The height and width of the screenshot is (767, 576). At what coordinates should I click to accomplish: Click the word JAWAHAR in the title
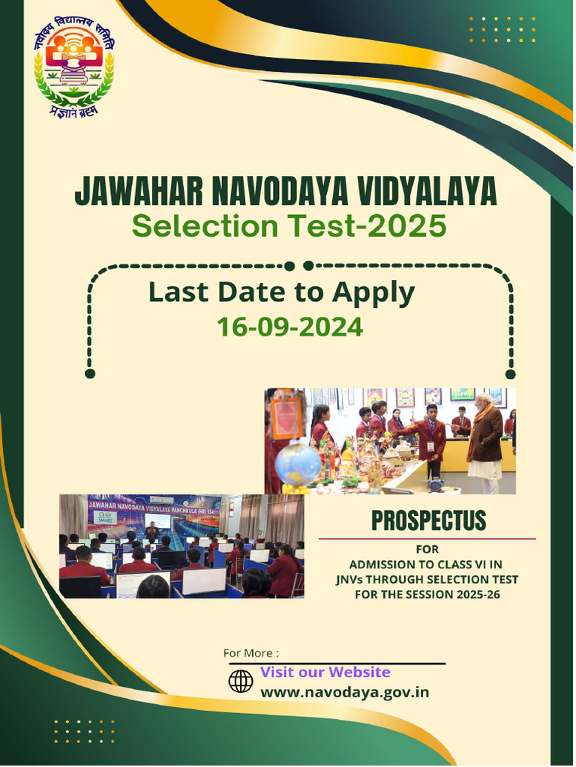pos(137,193)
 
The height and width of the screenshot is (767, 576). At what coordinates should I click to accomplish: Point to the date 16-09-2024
pos(289,327)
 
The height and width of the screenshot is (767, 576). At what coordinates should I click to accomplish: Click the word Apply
pos(374,293)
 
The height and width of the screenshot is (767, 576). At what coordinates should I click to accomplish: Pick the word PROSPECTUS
pos(428,521)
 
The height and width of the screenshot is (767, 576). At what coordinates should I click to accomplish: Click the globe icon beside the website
pos(241,682)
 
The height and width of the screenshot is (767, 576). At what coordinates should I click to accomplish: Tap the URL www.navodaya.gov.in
pos(344,692)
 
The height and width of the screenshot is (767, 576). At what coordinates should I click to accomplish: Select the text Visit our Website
pos(325,672)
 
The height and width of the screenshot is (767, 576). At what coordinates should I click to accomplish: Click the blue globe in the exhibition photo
pos(297,464)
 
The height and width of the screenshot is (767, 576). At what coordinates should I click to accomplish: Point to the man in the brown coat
pos(484,442)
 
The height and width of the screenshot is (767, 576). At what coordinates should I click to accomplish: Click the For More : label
pos(250,653)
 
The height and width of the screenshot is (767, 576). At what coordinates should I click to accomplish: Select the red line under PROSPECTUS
pos(427,539)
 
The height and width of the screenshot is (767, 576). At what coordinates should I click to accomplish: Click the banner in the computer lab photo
pos(154,504)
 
